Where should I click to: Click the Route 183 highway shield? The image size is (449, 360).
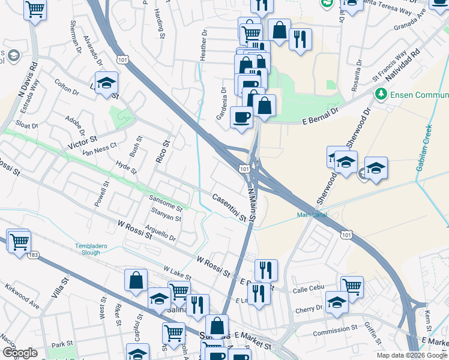coord(32,255)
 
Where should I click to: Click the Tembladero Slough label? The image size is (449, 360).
coord(88,249)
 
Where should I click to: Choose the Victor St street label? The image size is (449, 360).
coord(83,142)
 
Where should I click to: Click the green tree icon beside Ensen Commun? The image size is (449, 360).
coord(380,94)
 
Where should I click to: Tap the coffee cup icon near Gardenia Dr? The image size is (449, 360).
coord(241,116)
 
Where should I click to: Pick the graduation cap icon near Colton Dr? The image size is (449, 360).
coord(106,82)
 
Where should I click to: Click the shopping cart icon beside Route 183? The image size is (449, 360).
coord(19,241)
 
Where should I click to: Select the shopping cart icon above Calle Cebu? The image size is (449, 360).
coord(352,286)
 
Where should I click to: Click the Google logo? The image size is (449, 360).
coord(20,353)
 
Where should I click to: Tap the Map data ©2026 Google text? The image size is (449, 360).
coord(411,355)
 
